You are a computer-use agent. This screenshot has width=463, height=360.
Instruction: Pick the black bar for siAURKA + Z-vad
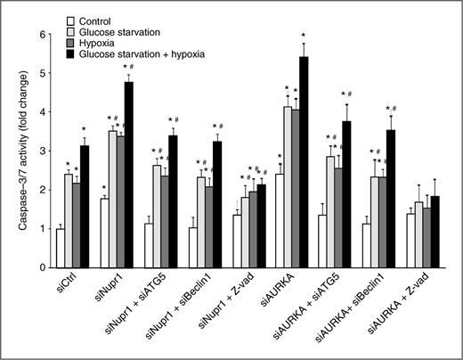tap(435, 231)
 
